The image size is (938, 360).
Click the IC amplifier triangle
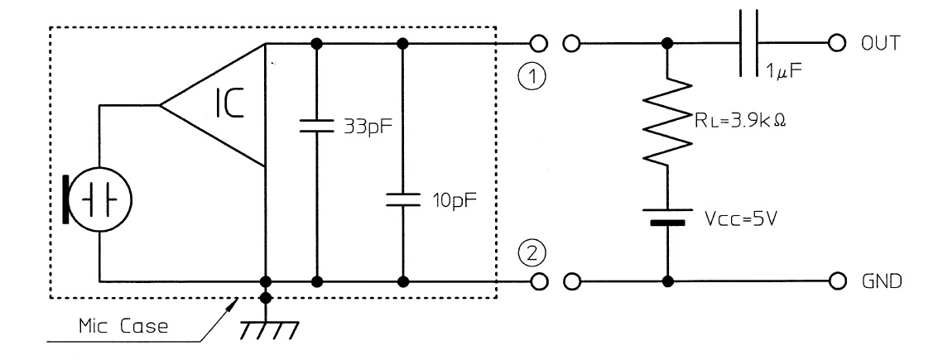pos(219,106)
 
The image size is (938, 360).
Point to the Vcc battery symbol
pos(668,217)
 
